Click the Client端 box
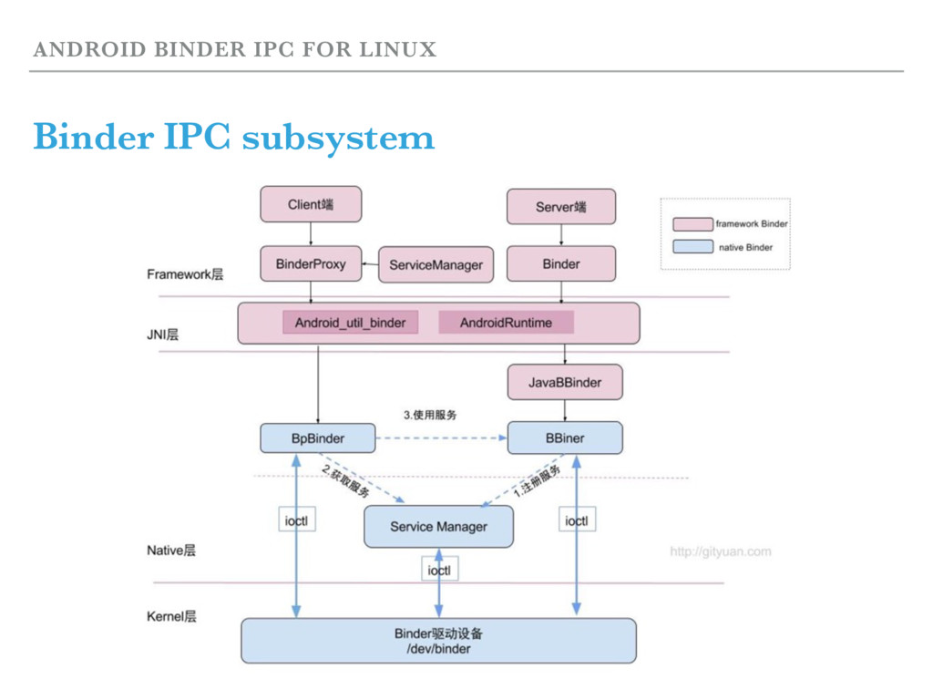311,204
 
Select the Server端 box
560,207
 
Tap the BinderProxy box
311,263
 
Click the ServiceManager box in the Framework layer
436,265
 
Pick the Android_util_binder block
350,323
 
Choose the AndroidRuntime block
506,323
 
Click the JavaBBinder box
565,382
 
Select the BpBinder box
317,438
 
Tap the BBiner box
565,438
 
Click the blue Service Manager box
438,526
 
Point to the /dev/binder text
438,649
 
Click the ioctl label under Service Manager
438,570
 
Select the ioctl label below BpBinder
296,521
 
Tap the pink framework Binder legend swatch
692,223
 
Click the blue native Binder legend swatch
692,246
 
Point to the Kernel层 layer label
171,617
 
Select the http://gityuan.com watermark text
720,551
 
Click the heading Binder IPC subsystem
233,139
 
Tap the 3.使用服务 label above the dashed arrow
430,415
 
